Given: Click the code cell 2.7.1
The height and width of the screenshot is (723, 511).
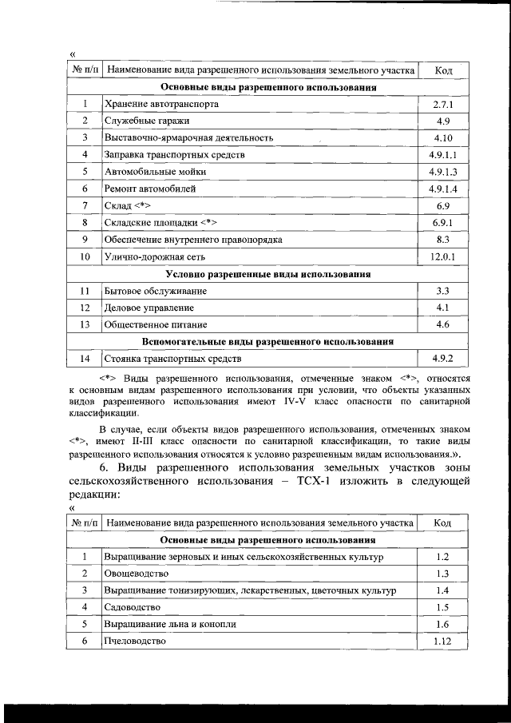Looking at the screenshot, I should [443, 104].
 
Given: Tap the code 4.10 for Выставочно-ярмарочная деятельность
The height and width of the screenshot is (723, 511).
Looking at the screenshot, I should [443, 137].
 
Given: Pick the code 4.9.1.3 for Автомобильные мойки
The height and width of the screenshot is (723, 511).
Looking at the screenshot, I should [443, 172].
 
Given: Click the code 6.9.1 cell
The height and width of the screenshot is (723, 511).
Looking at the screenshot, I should [443, 222].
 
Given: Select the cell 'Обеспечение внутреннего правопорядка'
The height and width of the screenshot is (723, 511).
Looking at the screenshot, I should [192, 240].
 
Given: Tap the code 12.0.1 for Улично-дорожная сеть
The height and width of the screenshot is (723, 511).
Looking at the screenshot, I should [443, 256].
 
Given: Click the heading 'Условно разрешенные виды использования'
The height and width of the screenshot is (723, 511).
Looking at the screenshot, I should [267, 274].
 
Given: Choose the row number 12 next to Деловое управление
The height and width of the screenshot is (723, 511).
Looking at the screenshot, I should [85, 308].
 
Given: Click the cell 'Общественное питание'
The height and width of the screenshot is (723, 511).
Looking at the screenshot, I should [155, 325].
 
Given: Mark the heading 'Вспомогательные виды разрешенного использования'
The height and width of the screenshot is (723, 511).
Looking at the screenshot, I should [267, 342].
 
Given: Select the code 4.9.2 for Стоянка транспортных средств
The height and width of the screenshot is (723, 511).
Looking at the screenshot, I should [443, 359].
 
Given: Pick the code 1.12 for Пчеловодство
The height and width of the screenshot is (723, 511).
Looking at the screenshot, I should [443, 641].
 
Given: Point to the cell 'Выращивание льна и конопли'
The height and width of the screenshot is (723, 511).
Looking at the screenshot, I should [169, 624].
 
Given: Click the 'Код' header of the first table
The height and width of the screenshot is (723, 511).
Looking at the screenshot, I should [443, 71].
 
